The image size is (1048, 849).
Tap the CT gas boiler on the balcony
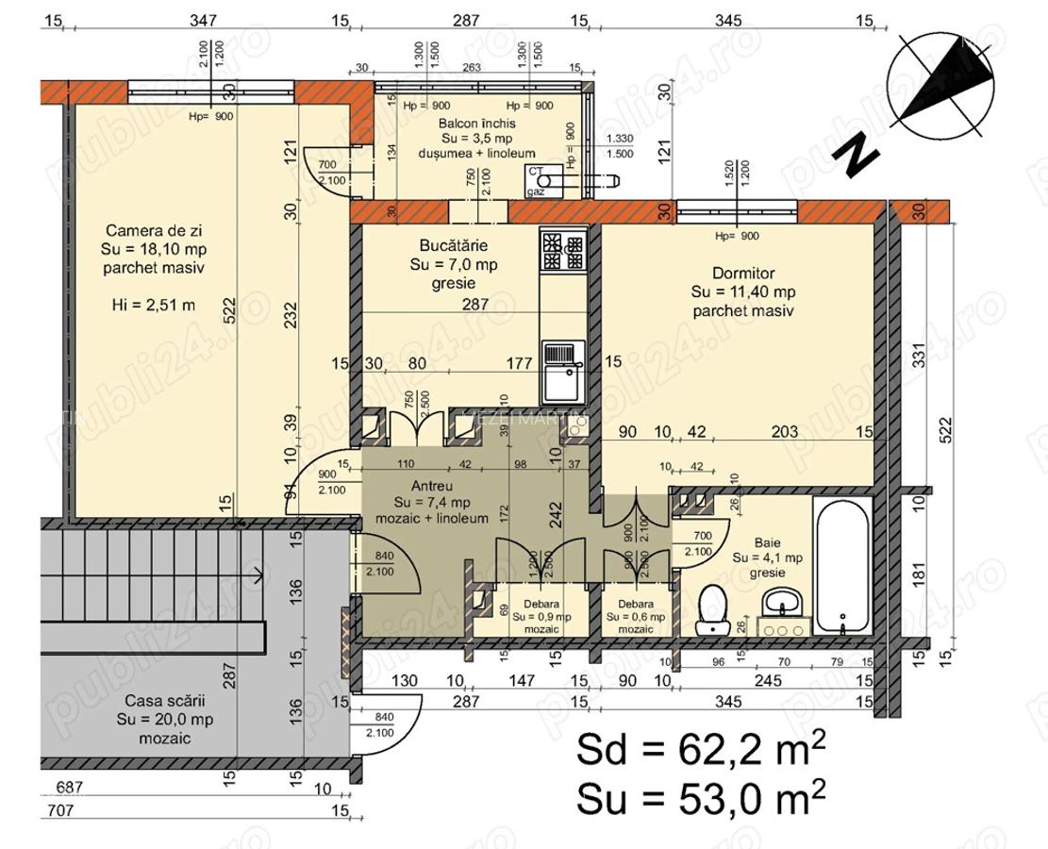[x=544, y=181]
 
